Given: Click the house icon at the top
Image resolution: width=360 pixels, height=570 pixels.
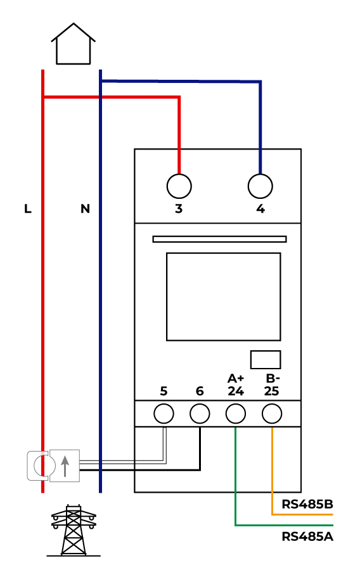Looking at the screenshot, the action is [x=73, y=44].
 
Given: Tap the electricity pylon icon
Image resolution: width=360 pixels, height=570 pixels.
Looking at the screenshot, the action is [x=74, y=530].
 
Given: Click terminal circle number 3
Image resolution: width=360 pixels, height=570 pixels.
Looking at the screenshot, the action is [x=179, y=186].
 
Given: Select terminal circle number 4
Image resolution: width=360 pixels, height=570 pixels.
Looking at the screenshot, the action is [x=260, y=186].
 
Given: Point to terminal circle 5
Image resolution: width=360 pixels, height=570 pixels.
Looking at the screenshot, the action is [x=164, y=414].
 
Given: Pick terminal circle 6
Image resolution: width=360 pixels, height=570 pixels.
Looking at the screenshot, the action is [x=200, y=414].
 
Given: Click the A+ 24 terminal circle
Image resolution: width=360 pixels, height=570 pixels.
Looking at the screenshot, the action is [x=236, y=414].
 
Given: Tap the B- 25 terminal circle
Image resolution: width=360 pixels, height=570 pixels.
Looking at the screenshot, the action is [x=272, y=414].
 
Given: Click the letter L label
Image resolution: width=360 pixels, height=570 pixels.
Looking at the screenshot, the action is [x=28, y=208].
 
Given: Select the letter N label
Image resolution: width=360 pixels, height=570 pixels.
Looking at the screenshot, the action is [x=85, y=208].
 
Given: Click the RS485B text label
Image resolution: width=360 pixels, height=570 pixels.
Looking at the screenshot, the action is [x=307, y=504].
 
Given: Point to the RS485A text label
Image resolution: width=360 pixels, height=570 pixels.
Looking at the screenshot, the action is [x=307, y=536].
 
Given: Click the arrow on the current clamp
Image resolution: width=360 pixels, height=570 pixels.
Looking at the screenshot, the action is [x=65, y=466].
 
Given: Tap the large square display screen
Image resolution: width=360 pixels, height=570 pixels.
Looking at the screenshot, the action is [x=223, y=296].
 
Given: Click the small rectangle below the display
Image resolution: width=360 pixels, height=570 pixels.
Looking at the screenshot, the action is [x=266, y=360].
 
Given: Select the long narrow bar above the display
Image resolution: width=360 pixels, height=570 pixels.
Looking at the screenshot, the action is [x=220, y=239].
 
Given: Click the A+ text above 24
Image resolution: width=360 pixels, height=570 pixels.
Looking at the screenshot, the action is [x=236, y=379].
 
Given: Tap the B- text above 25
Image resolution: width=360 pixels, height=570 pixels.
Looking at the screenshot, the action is [x=273, y=379].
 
